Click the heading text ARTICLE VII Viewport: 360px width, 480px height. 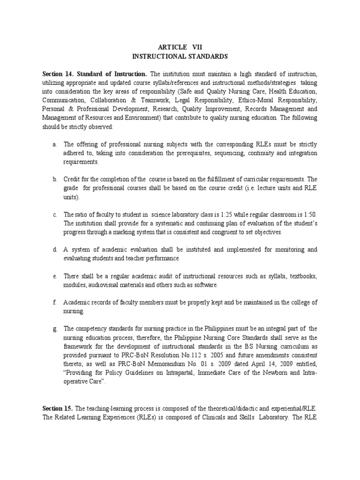click(x=180, y=47)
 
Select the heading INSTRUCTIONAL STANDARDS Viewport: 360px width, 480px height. click(x=180, y=56)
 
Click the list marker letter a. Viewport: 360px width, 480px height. click(x=54, y=144)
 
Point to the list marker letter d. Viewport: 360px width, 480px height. click(x=54, y=250)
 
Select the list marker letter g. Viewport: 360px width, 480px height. click(x=54, y=329)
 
